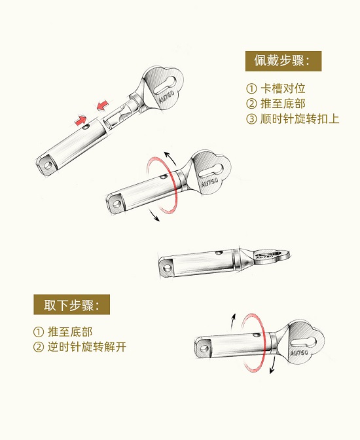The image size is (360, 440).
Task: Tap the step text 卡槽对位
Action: coord(283,88)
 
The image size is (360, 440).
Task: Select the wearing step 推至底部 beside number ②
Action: coord(283,103)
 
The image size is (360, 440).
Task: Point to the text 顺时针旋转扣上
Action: coord(300,119)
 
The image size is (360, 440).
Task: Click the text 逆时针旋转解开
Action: coord(86,347)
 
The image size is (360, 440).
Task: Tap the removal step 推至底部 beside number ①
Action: coord(70,332)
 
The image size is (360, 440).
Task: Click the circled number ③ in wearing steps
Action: coord(251,119)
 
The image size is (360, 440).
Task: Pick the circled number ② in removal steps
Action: coord(39,348)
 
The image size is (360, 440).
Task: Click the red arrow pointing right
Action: coord(81,120)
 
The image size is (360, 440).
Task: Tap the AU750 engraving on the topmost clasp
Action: coord(167,96)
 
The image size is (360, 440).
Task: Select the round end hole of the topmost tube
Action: coord(48,166)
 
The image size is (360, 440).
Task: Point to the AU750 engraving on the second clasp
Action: coord(209,183)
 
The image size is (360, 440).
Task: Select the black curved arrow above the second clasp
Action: coord(171,158)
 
